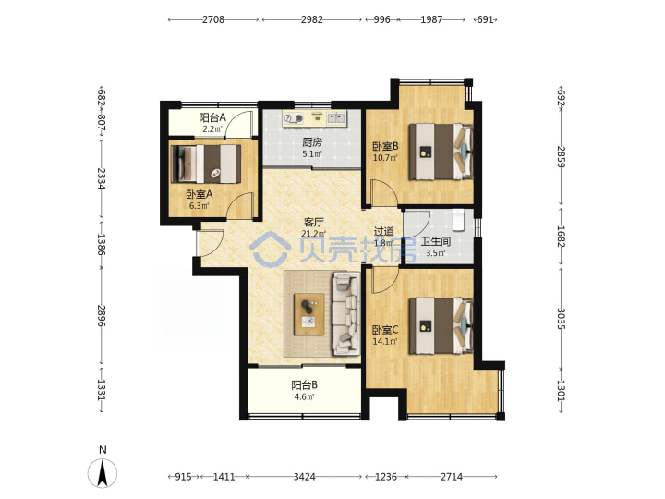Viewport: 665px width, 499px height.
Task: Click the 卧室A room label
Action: (199, 194)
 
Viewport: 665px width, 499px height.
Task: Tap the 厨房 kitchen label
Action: (312, 142)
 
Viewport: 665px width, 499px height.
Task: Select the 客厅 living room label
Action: (314, 223)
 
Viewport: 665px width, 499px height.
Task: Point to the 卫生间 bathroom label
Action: (436, 242)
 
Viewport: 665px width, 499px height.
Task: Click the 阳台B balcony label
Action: (304, 385)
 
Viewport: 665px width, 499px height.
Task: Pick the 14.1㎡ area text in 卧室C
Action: (385, 341)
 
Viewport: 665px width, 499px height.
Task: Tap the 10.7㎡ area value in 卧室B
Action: (385, 158)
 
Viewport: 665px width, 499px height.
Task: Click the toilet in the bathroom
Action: (458, 220)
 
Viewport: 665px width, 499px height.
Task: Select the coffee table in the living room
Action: (309, 314)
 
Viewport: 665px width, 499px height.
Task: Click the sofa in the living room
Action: (346, 313)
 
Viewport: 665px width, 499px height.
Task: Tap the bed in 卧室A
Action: (206, 164)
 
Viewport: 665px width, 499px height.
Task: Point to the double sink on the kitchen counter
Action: (336, 118)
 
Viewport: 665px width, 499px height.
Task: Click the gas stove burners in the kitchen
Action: (294, 118)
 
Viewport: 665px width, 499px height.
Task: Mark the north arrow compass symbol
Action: (103, 473)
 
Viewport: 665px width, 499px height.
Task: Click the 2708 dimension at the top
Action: (213, 19)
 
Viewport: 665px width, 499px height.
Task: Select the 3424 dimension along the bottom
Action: (304, 477)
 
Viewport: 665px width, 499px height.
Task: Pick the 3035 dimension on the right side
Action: (561, 318)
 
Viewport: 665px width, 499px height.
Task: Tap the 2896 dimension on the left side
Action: (101, 315)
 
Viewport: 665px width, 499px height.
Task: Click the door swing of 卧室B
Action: (384, 193)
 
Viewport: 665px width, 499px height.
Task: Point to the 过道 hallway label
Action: (384, 232)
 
